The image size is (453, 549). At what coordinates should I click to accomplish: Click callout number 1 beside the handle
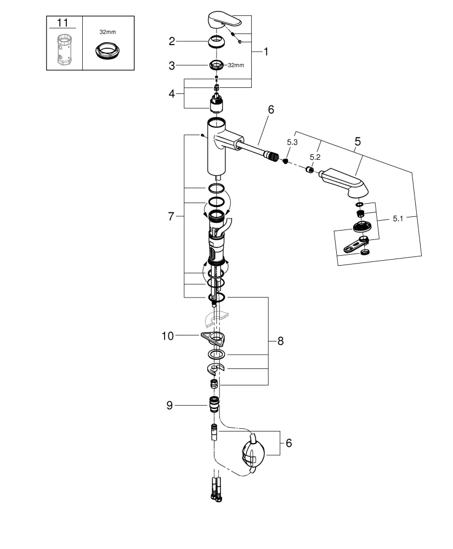click(x=266, y=52)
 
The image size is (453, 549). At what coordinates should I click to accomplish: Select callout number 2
click(x=172, y=41)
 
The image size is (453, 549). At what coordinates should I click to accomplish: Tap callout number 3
click(x=172, y=65)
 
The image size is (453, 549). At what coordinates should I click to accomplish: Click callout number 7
click(x=171, y=216)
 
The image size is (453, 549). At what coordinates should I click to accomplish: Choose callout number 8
click(x=280, y=341)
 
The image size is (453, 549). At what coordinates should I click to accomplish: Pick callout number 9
click(x=171, y=406)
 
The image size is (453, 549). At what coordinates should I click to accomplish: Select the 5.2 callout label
click(x=314, y=157)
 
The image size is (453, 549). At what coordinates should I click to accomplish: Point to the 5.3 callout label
click(x=293, y=143)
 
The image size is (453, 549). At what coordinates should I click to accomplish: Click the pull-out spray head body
click(x=346, y=181)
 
